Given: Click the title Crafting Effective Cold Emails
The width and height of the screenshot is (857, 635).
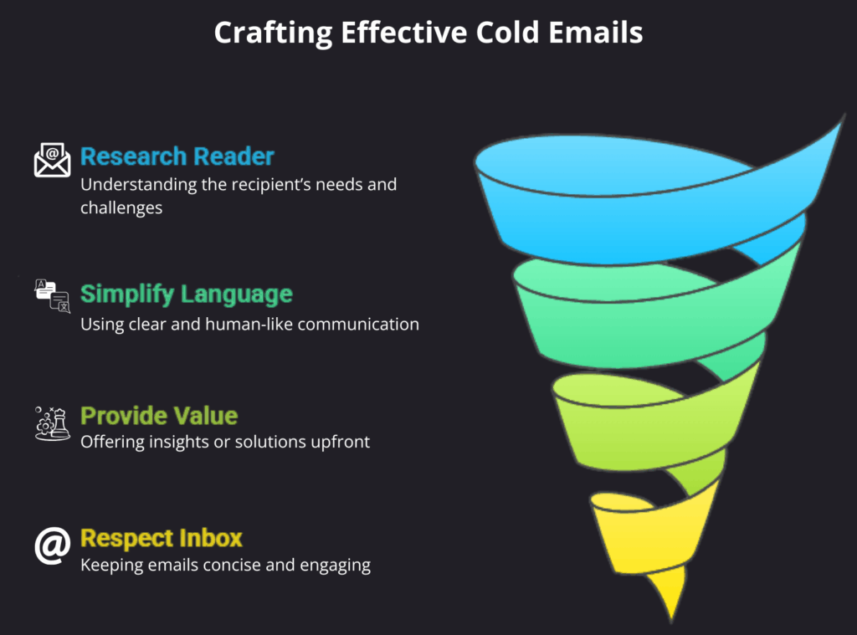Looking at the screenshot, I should (428, 33).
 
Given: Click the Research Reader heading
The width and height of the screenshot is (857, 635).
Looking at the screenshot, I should (177, 156).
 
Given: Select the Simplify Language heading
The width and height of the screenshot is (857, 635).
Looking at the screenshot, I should (187, 294).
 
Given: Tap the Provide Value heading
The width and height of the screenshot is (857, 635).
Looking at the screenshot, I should (159, 416).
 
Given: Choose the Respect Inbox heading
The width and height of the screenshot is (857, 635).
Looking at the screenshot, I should (162, 537).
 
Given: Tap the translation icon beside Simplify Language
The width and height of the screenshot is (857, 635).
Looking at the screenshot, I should (52, 296).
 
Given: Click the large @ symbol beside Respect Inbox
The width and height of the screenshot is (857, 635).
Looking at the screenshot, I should (52, 545).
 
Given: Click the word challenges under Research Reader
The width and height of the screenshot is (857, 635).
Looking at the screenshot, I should (121, 207).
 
